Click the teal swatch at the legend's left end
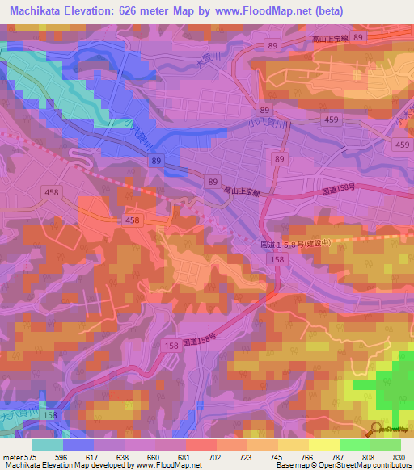(x=48, y=445)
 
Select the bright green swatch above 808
(x=354, y=445)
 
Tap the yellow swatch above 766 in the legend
(x=293, y=445)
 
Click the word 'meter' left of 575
(x=11, y=456)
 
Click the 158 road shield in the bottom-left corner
(x=51, y=414)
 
